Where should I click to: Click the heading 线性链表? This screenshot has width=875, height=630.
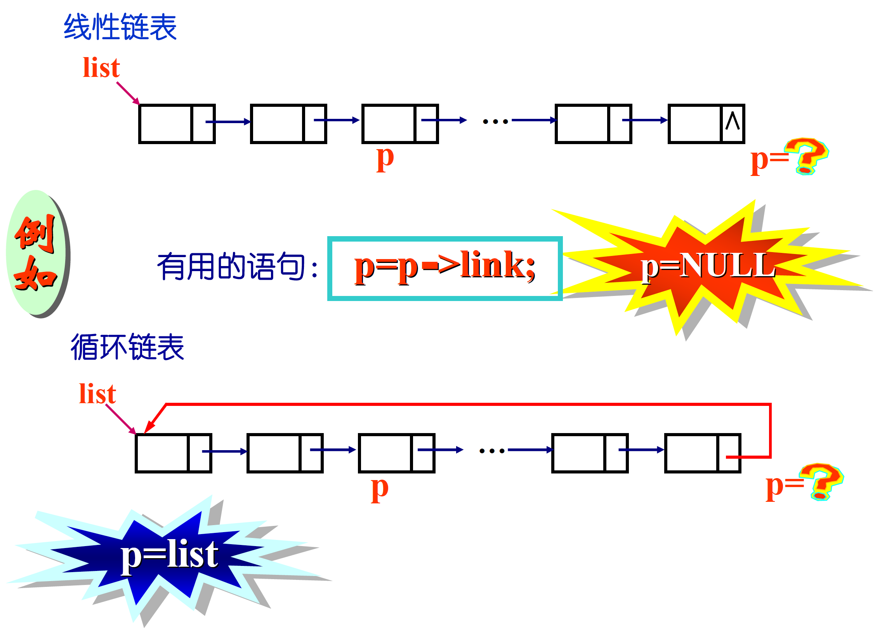point(120,27)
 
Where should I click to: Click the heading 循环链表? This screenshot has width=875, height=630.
point(127,347)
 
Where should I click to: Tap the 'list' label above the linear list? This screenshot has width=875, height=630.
point(101,68)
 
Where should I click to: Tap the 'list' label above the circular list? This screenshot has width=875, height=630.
point(97,394)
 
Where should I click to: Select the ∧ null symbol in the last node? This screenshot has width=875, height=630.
point(733,121)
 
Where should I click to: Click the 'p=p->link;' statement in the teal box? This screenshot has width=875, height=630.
point(445,267)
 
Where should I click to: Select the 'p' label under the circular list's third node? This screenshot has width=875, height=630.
point(379,489)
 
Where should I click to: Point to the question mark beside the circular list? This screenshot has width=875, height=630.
point(821,482)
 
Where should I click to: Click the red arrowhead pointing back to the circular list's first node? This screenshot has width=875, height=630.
point(149,426)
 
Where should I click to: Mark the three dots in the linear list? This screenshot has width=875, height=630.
point(495,122)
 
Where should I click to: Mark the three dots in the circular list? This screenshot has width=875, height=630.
point(492,451)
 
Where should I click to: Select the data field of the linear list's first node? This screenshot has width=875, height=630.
point(166,124)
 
